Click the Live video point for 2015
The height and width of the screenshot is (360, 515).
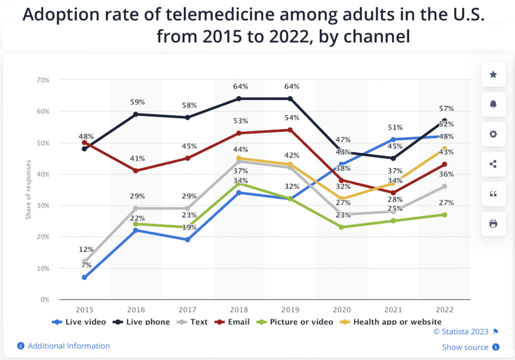pos(84,277)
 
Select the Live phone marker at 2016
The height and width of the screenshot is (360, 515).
pos(135,114)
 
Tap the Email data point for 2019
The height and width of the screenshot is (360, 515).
pos(290,130)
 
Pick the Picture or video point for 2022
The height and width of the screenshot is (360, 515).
pos(444,215)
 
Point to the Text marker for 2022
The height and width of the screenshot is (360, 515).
pos(444,186)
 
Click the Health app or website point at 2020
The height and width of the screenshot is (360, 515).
pos(341,199)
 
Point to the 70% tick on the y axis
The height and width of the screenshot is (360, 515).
pos(42,80)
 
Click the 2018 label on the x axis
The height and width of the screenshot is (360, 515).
pos(238,310)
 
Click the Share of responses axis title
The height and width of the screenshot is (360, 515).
pos(28,190)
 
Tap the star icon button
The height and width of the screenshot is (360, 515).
pos(493,75)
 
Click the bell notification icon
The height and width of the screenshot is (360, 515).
pos(493,105)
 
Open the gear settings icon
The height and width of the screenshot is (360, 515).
pos(493,134)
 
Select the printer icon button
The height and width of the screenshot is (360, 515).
pos(493,224)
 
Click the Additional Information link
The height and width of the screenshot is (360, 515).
pos(69,346)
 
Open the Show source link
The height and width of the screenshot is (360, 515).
pos(465,347)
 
